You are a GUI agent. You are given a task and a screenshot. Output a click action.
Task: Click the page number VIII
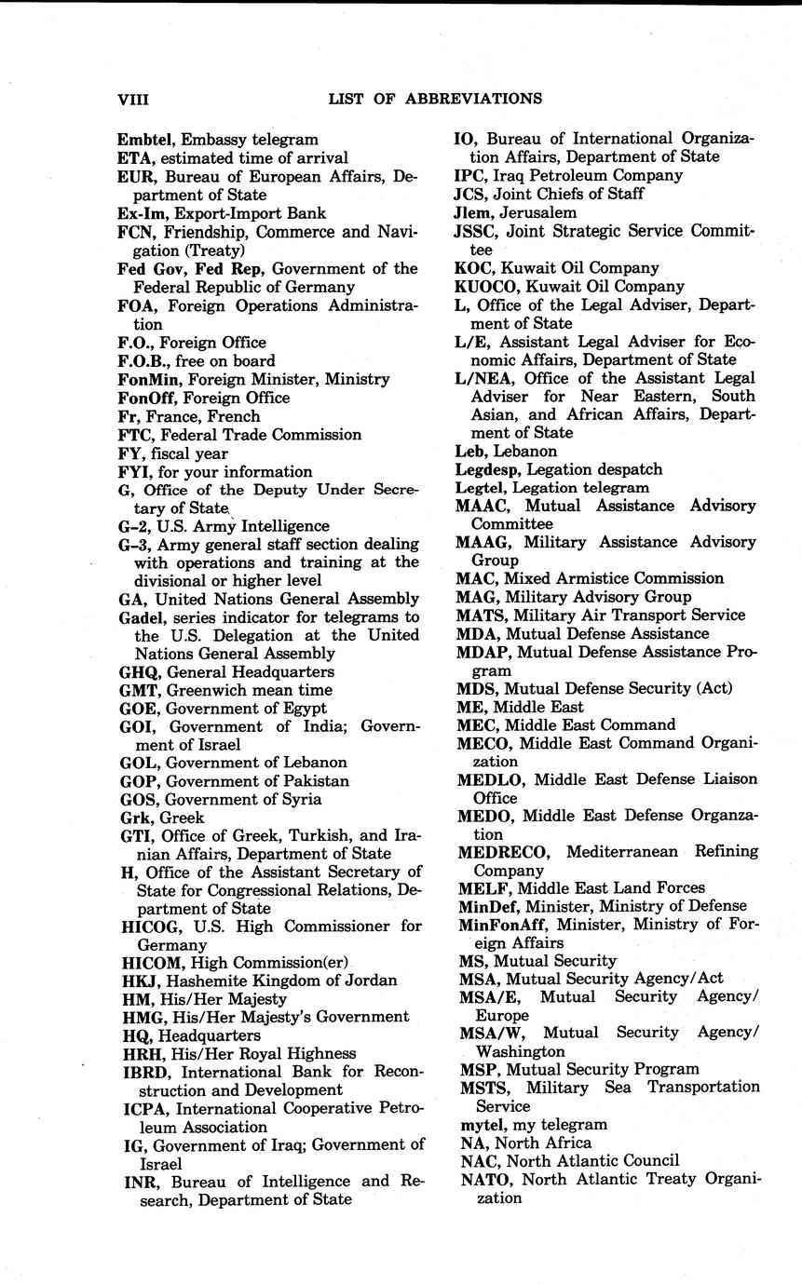pyautogui.click(x=133, y=99)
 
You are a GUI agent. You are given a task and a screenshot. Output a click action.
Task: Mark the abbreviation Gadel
pyautogui.click(x=140, y=617)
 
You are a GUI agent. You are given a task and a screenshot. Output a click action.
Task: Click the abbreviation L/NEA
pyautogui.click(x=484, y=378)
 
